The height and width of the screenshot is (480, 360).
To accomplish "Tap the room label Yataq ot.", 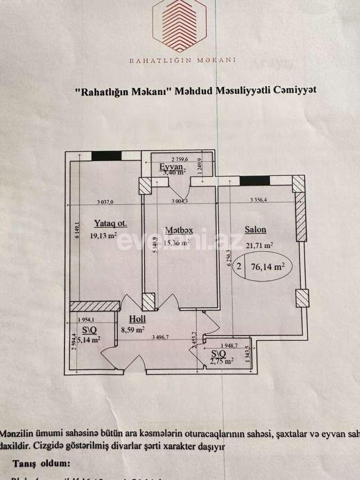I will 110,223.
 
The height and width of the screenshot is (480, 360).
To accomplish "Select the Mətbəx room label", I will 179,230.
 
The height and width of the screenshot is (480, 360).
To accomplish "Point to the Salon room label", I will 255,230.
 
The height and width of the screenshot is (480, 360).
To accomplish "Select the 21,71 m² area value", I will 260,246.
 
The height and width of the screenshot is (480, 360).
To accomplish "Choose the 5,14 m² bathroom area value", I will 89,339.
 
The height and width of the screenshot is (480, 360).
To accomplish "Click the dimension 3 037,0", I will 106,202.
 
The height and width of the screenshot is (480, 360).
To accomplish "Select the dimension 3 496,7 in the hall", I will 163,337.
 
